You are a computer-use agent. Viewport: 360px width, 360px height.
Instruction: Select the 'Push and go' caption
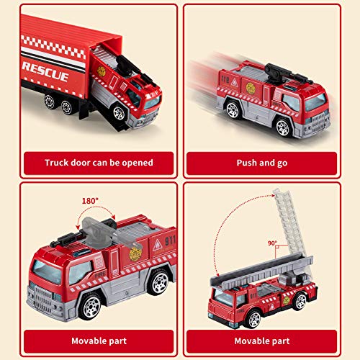(x=262, y=163)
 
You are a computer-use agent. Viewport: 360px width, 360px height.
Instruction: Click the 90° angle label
(x=272, y=243)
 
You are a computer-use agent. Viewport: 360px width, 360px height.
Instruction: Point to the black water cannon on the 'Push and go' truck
(x=277, y=71)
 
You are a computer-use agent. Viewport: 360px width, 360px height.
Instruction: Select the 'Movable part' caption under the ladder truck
(x=262, y=340)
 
